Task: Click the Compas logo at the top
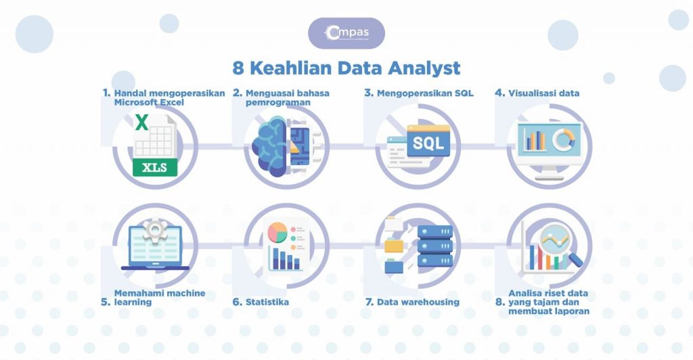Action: coord(346,32)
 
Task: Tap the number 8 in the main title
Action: coord(238,68)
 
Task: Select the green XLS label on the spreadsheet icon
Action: coord(155,168)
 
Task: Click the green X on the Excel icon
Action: coord(142,122)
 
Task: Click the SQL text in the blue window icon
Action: coord(428,143)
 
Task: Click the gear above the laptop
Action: coord(155,230)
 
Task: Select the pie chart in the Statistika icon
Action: coord(277,232)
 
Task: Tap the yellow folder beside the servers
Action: coord(393,245)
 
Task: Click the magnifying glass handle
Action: coord(575,260)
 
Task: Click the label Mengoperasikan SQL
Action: coord(425,93)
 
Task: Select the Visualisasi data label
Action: coord(543,93)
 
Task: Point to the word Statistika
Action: coord(267,302)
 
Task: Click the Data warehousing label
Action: coord(418,302)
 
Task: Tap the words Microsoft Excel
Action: coord(149,102)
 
